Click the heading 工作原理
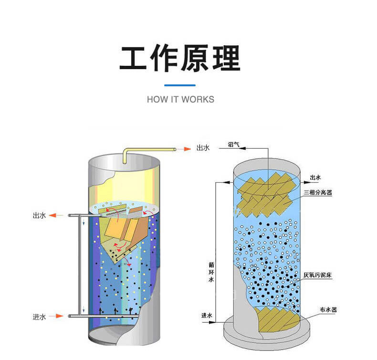(180, 59)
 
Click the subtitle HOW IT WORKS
(180, 100)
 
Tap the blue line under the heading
(180, 85)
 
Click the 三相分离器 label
(318, 193)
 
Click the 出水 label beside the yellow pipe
(203, 148)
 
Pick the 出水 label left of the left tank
(39, 216)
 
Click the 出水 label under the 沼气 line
(316, 177)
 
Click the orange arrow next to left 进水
(56, 316)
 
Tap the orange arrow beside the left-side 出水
(56, 216)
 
